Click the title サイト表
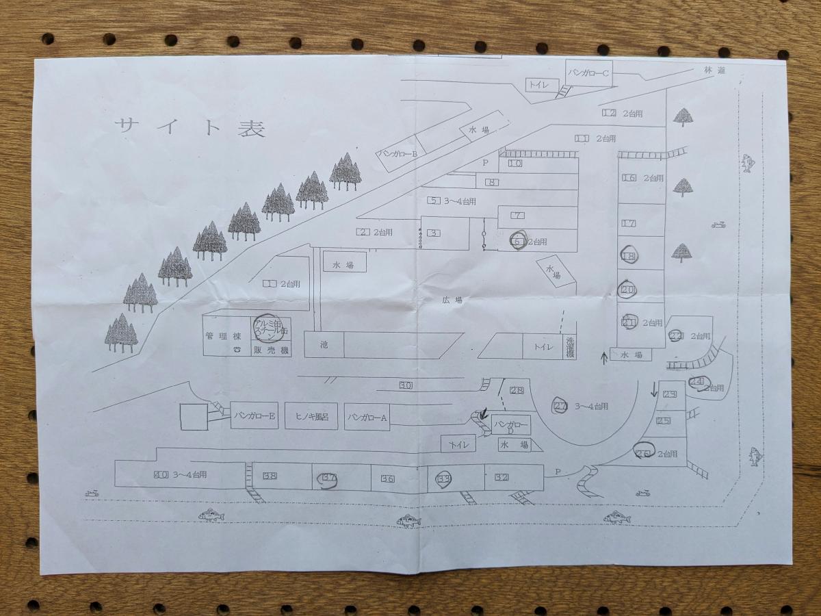[x=190, y=127]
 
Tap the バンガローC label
[x=589, y=72]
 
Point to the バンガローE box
[x=255, y=415]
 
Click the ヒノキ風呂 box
[x=311, y=415]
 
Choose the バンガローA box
[x=367, y=417]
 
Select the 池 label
[x=324, y=345]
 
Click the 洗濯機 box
[x=570, y=347]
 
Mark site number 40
[x=161, y=474]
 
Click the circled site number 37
[x=329, y=478]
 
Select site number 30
[x=406, y=385]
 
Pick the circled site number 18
[x=629, y=256]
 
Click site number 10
[x=515, y=164]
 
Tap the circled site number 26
[x=643, y=453]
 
